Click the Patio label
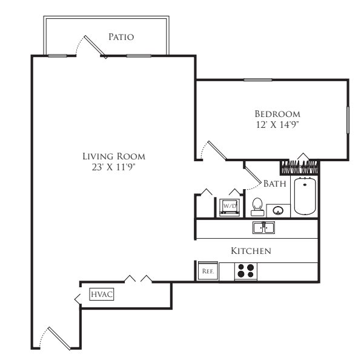121,37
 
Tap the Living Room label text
114,156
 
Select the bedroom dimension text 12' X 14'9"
277,125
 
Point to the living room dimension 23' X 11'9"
113,167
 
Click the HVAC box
102,294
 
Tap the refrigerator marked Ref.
208,271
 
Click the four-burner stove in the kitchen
246,272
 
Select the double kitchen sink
263,227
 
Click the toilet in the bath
257,207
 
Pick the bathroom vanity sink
278,210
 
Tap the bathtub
305,196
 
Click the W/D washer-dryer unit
230,207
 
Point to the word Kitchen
251,251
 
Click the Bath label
275,184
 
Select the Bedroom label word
277,114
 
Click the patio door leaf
96,47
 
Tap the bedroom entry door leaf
217,150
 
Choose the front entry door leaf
59,338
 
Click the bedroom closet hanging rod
300,166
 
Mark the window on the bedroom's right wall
348,120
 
